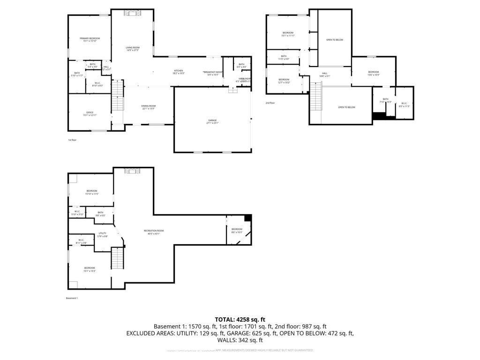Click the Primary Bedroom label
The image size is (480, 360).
(90, 39)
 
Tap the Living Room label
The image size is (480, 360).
(133, 49)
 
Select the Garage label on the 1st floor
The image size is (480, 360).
(212, 122)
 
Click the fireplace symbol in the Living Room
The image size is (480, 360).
(132, 14)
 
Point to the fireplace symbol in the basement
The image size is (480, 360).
(132, 172)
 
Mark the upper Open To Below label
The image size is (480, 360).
(335, 40)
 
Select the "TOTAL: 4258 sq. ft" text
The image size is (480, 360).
(240, 319)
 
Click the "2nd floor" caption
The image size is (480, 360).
(270, 103)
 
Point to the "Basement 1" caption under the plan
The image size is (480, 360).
(72, 298)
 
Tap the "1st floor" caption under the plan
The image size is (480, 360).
(73, 140)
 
